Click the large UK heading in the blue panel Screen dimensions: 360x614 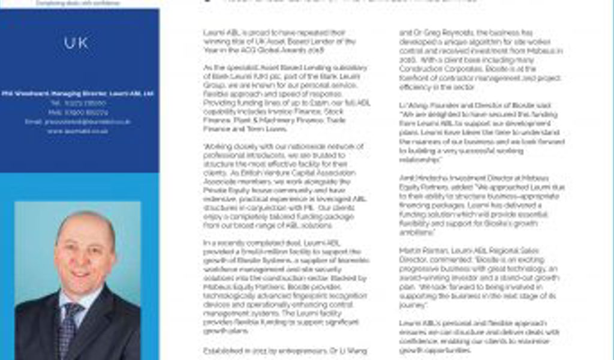(x=76, y=43)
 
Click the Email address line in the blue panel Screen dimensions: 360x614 (x=78, y=121)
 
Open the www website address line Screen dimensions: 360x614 (x=77, y=130)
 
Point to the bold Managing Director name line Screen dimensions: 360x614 (x=77, y=94)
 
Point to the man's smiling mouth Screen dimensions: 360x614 (x=82, y=274)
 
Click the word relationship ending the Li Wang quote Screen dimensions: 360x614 (x=420, y=160)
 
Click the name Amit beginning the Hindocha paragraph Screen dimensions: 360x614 (x=407, y=178)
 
